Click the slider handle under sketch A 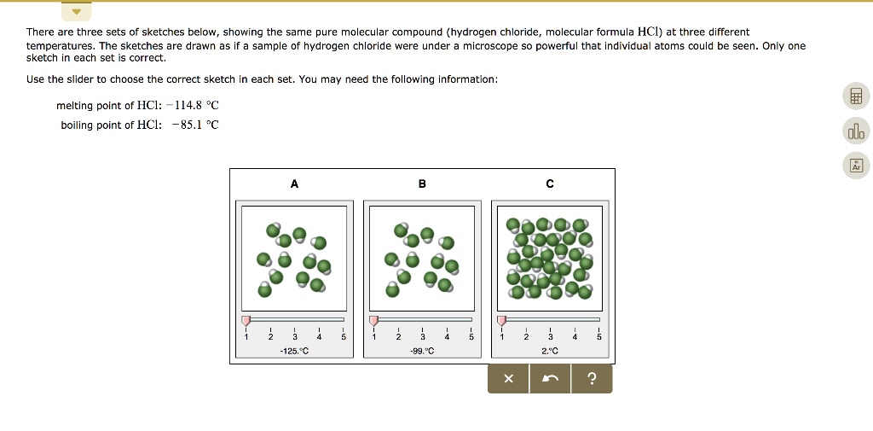(x=246, y=320)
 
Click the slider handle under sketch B (x=373, y=320)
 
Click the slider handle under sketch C (x=501, y=320)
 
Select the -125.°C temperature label (x=294, y=351)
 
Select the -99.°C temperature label (x=421, y=351)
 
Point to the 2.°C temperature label (x=550, y=351)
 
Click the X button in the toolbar (x=508, y=379)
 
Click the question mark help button (x=592, y=379)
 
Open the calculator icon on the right (x=856, y=96)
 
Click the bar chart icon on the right (x=856, y=131)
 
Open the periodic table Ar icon (x=856, y=165)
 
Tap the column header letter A (x=294, y=183)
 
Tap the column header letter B (x=421, y=183)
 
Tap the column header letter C (x=550, y=183)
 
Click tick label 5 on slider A (x=343, y=337)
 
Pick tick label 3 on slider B (x=422, y=337)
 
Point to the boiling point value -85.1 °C (x=194, y=125)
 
